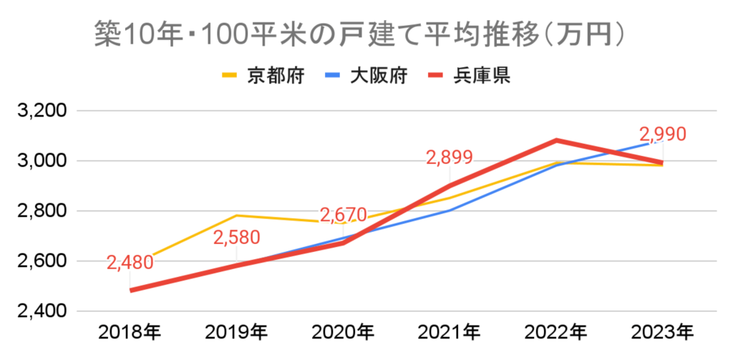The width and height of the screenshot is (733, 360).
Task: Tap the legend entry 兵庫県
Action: point(481,76)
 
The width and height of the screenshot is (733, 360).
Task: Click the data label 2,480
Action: point(130,263)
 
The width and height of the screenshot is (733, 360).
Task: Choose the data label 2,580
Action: point(236,237)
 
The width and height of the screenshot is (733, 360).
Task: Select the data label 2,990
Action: point(662,134)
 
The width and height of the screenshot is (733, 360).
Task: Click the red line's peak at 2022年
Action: point(556,140)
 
